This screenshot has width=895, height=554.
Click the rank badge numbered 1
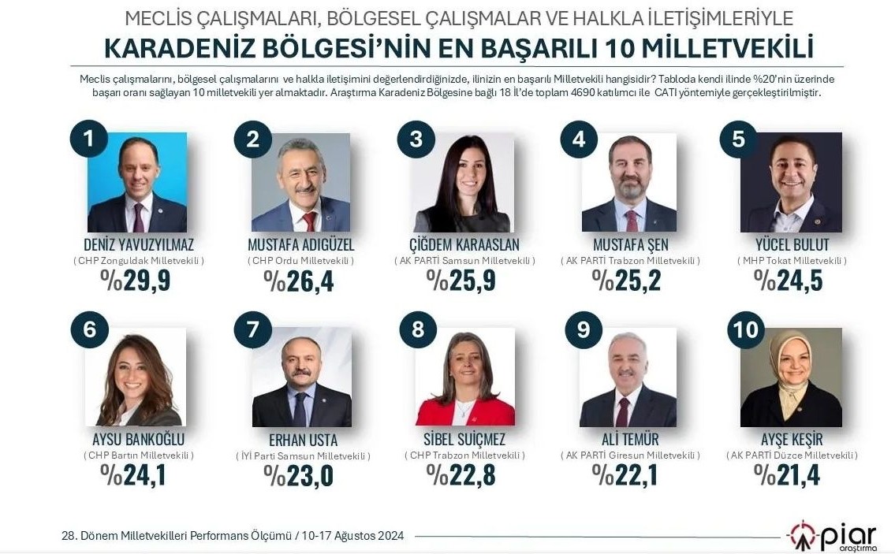click(88, 139)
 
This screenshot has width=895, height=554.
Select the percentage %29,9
click(136, 280)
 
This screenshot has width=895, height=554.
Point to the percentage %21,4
click(788, 475)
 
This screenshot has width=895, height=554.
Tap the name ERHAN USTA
click(303, 440)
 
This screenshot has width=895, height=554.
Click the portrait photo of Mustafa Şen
click(628, 182)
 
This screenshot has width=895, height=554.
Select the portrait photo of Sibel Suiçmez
click(465, 377)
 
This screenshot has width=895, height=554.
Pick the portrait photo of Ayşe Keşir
click(791, 377)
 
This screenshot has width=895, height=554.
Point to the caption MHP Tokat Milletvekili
click(791, 261)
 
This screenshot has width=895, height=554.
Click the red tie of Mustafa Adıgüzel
click(309, 221)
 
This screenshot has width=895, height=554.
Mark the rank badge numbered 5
click(738, 139)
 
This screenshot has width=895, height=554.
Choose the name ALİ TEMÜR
click(629, 440)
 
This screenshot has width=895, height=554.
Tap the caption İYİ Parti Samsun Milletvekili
click(303, 456)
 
